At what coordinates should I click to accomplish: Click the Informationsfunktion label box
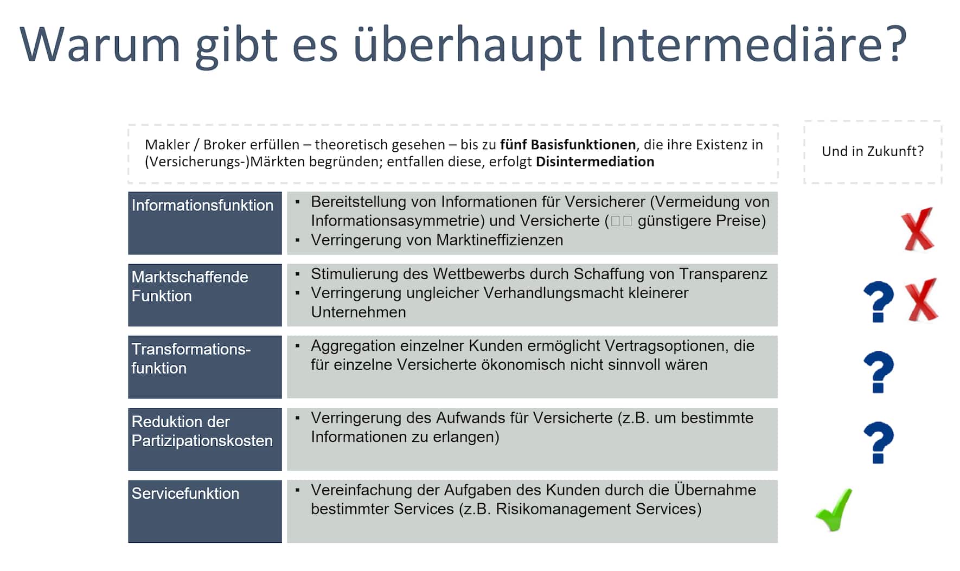click(205, 223)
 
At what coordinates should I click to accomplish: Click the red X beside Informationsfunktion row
click(918, 230)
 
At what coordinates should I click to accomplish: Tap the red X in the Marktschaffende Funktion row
click(922, 300)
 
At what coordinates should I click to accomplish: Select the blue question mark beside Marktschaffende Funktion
click(878, 302)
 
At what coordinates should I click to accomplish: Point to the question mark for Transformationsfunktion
click(878, 373)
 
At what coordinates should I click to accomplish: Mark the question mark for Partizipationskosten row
click(878, 443)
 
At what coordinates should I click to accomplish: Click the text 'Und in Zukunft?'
click(873, 151)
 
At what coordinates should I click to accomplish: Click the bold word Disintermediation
click(595, 162)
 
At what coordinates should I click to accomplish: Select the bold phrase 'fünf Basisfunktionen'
click(568, 144)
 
